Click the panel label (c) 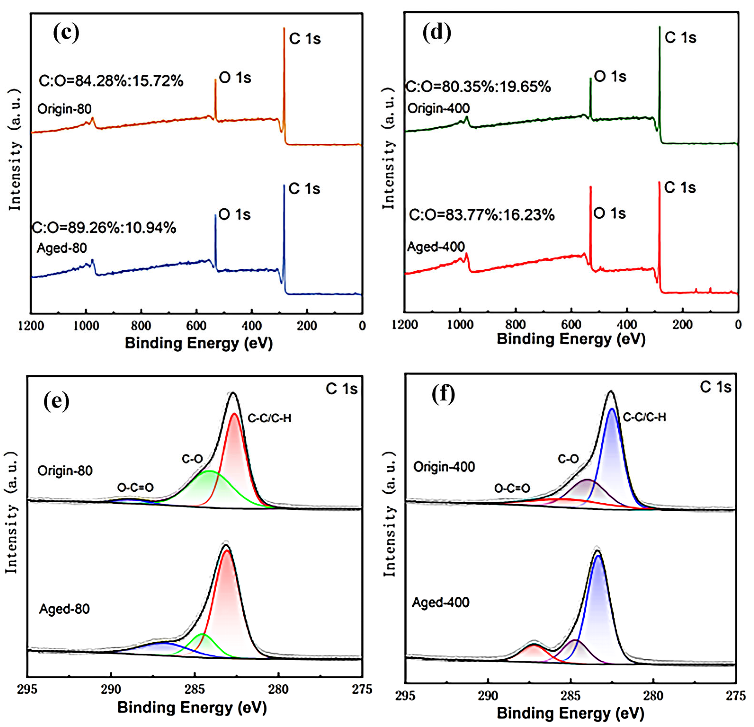coord(66,33)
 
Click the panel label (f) coord(443,394)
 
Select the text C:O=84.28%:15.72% coord(111,81)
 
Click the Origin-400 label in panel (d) coord(439,108)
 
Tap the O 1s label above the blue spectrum coord(234,215)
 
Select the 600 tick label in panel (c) coord(196,326)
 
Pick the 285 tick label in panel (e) coord(195,689)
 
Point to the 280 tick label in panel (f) coord(653,696)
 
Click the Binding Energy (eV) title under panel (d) coord(571,339)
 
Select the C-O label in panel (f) coord(568,459)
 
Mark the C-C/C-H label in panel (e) coord(269,418)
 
